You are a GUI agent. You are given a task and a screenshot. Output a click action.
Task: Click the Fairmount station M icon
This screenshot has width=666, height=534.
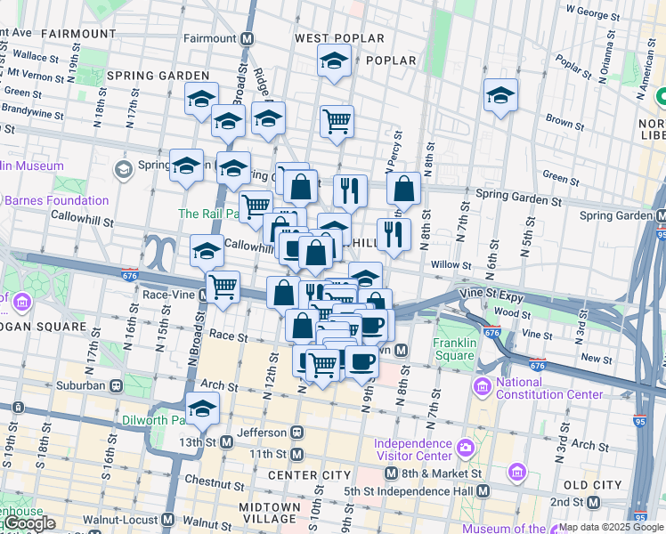248,39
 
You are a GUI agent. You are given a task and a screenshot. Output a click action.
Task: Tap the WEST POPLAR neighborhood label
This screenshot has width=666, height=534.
339,38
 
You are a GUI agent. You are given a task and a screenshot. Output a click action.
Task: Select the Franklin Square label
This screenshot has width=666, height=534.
454,350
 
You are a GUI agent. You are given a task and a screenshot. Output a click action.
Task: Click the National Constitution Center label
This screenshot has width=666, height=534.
530,389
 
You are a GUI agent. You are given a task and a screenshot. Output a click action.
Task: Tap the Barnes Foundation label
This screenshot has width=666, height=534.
55,200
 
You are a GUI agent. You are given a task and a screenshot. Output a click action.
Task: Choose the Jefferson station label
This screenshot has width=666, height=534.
268,433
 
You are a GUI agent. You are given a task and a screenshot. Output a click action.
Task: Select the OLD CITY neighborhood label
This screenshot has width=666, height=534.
593,485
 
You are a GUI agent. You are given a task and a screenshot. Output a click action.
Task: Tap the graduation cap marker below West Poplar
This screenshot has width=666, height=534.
334,62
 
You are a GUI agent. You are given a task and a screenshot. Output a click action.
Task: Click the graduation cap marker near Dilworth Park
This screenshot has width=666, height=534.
203,409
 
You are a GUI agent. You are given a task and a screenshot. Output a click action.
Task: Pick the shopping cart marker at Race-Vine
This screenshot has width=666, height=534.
223,287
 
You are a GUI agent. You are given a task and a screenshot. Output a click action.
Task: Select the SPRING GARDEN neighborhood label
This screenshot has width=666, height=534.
151,76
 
